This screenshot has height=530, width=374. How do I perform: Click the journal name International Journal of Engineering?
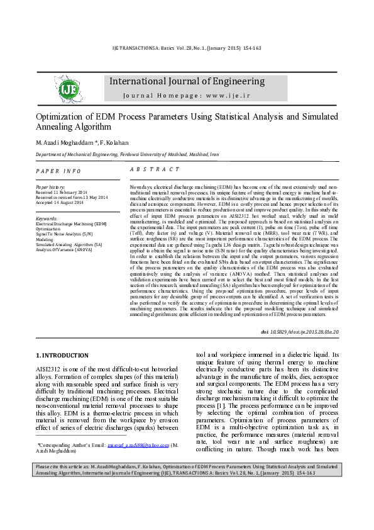coord(187,81)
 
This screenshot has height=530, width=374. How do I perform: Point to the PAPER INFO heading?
coord(58,171)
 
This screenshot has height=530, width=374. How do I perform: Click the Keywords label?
coord(47,218)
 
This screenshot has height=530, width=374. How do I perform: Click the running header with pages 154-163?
coord(187,48)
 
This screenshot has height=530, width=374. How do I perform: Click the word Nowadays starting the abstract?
coord(142,188)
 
